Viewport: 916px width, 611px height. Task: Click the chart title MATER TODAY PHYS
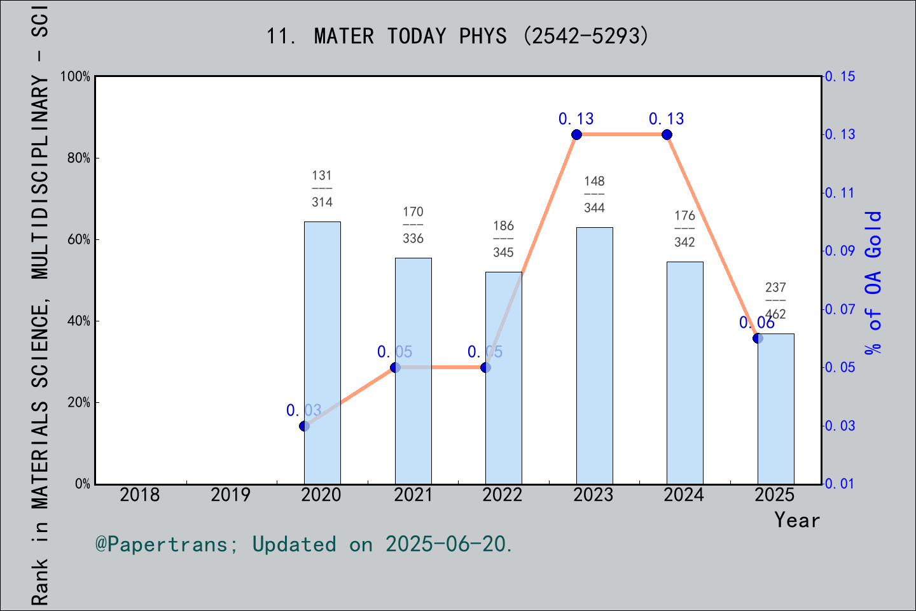pos(457,36)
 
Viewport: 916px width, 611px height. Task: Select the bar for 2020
pos(322,353)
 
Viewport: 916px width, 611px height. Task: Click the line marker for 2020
pos(304,426)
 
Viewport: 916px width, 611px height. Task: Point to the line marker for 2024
pos(667,134)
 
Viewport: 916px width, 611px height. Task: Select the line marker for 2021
pos(395,367)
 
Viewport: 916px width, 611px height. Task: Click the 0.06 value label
pos(756,323)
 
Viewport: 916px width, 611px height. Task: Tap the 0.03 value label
pos(303,411)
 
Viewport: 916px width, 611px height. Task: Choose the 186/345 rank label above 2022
pos(503,239)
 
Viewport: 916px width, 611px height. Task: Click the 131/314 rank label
pos(322,188)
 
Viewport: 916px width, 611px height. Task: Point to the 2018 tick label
pos(140,495)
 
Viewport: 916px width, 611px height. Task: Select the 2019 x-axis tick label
pos(230,495)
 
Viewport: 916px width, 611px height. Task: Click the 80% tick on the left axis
pos(79,158)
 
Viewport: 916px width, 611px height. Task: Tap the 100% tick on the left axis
pos(76,76)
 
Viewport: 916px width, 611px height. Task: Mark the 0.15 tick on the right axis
pos(840,76)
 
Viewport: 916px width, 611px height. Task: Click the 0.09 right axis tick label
pos(840,251)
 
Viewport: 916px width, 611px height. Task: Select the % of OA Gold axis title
pos(873,283)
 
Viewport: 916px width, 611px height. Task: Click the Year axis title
pos(796,520)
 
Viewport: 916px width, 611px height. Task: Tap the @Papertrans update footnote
pos(303,544)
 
